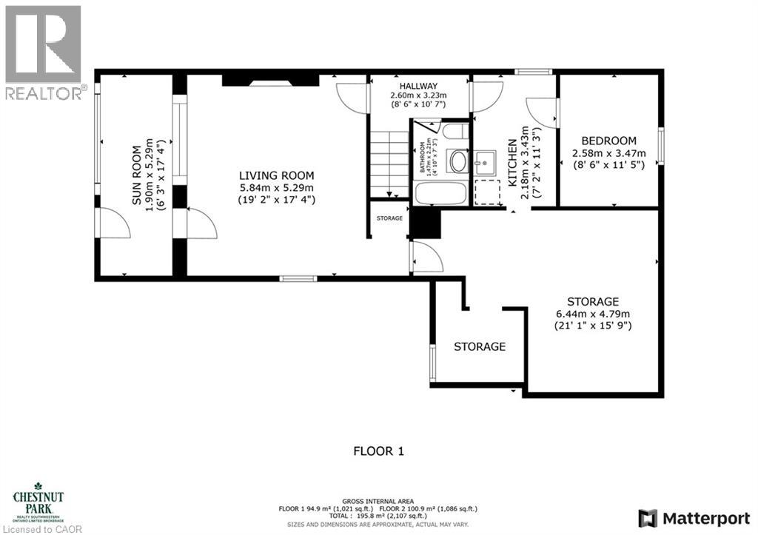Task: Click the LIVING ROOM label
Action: point(276,175)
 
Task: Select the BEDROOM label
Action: point(608,141)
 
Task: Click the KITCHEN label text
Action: point(512,164)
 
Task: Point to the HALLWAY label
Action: point(419,86)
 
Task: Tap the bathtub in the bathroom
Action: point(440,194)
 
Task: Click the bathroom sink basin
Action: point(458,162)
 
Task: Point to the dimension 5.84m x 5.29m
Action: point(276,188)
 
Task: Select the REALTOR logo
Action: point(44,52)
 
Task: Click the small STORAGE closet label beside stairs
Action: point(389,218)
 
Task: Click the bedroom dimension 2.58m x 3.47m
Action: point(608,153)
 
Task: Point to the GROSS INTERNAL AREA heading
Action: point(378,501)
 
